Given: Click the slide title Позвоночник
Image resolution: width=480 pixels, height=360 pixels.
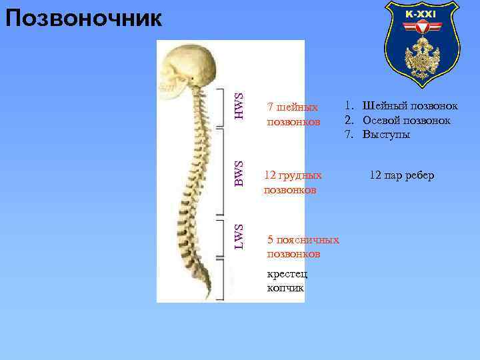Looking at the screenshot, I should (x=83, y=18).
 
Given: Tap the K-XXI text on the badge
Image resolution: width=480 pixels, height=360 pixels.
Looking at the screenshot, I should (x=421, y=14).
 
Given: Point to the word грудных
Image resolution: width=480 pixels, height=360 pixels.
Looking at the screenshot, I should (x=301, y=175).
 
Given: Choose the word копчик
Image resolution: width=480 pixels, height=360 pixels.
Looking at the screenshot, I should (x=285, y=288).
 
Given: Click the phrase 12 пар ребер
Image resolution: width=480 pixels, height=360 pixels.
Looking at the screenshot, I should (x=401, y=175).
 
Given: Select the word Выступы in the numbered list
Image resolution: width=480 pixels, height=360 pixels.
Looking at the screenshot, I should (x=387, y=135).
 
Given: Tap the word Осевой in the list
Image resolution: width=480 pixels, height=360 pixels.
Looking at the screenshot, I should (x=383, y=120).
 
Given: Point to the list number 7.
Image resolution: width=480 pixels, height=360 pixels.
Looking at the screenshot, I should (x=348, y=135).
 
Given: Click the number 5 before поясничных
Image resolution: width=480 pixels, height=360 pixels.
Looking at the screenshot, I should (x=270, y=239).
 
